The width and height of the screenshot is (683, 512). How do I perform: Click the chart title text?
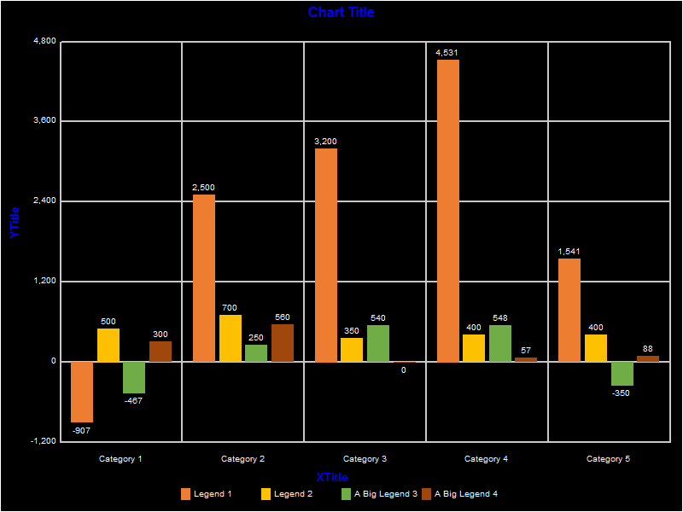(x=341, y=13)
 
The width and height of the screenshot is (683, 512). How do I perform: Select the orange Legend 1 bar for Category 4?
(x=448, y=210)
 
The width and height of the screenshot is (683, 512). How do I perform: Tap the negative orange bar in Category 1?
(x=82, y=392)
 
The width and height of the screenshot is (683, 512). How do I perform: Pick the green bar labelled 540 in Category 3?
(x=378, y=343)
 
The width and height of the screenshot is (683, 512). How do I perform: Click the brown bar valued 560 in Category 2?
(x=283, y=343)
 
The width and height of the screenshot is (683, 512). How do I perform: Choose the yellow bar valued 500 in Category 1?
(x=108, y=345)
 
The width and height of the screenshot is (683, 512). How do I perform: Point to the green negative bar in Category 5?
(x=622, y=374)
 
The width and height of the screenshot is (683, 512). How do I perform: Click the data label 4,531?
(x=447, y=53)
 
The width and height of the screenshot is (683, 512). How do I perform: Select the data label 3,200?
(x=325, y=142)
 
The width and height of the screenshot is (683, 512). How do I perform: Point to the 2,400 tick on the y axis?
(x=43, y=201)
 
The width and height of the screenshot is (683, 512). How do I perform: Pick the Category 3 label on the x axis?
(x=365, y=459)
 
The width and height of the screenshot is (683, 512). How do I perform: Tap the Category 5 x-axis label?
(x=609, y=459)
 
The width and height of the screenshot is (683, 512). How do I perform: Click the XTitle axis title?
(x=332, y=477)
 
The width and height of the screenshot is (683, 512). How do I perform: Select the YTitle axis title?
(x=14, y=222)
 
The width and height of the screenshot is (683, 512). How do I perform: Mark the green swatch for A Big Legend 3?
(x=347, y=494)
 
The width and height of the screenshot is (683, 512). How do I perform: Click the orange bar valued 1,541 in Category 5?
(x=569, y=310)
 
